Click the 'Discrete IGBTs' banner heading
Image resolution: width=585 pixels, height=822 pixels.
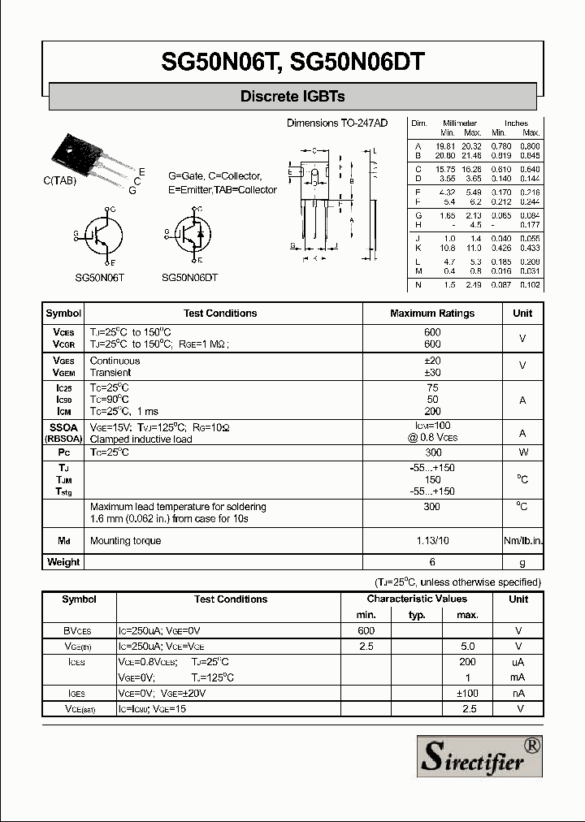292,97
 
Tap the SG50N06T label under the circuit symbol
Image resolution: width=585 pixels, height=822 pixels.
99,277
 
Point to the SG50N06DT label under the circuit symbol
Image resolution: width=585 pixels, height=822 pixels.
190,277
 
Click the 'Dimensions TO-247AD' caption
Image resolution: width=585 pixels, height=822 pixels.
337,123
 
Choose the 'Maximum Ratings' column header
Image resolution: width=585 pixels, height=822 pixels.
432,314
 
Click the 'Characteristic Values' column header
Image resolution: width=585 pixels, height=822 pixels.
416,599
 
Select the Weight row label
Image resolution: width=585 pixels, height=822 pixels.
63,562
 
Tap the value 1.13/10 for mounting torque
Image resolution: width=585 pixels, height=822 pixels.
432,541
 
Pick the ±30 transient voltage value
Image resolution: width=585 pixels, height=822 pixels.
432,373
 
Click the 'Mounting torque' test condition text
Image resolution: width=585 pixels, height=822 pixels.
125,541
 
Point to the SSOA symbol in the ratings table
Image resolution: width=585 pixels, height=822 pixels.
63,426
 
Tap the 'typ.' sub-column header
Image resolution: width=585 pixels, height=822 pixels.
417,615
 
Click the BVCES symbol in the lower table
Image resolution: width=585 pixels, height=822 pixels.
78,631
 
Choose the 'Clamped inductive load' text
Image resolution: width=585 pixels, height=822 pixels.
141,439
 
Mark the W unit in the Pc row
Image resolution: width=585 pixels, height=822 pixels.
522,452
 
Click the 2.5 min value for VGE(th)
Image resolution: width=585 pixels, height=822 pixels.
366,647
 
